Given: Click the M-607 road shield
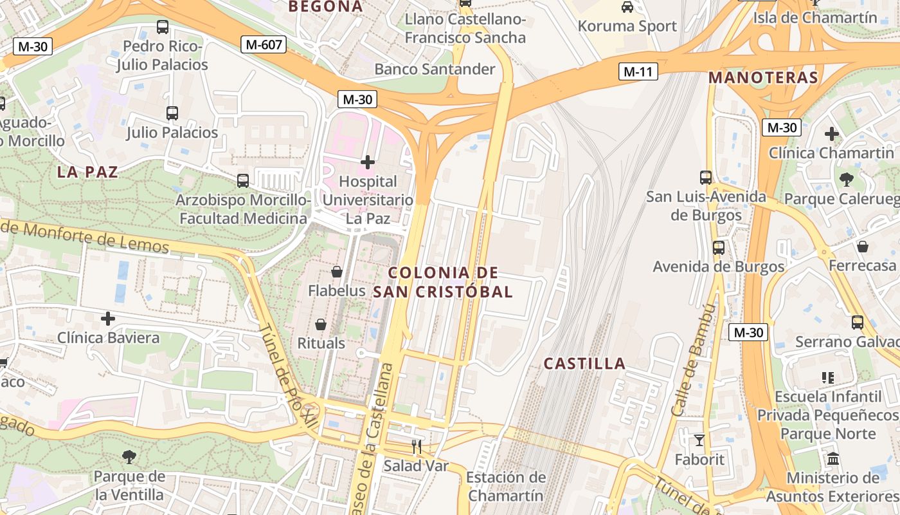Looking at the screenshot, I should pos(264,44).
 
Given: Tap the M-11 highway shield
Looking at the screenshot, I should pos(638,71).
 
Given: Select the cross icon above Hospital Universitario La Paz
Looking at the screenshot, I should pos(368,162).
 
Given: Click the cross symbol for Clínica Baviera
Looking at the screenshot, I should pos(108,318).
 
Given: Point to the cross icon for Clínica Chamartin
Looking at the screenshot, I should pos(832,134).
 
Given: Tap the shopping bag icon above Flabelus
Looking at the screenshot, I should pos(336,272).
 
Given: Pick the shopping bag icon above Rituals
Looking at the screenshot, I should pos(321,324).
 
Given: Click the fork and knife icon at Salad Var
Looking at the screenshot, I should pos(417,446).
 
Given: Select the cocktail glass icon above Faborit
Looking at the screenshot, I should pos(699,440).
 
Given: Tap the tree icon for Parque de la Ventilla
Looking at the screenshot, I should pos(129,457).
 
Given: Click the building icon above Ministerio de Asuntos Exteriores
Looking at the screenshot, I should pos(833,459).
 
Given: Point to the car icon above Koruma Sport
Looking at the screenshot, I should pos(627,7).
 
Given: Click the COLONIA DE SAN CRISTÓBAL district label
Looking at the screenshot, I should pos(444,282).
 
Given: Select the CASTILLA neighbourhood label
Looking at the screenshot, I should pos(584,364).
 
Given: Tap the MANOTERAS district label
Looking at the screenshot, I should pos(763,79).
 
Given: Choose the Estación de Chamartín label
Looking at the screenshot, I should pos(506,487).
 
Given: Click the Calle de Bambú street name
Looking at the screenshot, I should pos(692,360).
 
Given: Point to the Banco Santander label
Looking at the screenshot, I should pos(435,69).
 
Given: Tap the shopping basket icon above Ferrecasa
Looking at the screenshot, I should pos(863,247).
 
